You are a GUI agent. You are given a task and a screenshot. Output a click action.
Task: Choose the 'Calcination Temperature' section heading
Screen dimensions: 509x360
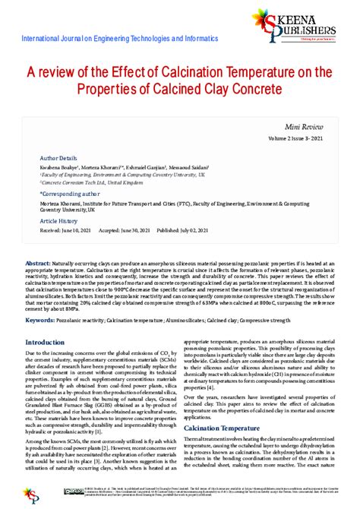click(219, 428)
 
